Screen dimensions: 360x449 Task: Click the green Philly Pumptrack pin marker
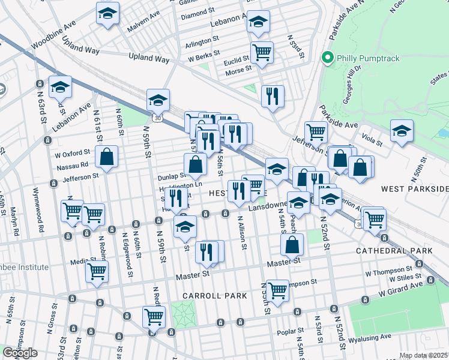[328, 58]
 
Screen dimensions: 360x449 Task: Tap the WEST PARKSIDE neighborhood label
[415, 189]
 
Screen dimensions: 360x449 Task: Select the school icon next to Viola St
[402, 130]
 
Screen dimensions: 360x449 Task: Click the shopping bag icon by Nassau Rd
[106, 157]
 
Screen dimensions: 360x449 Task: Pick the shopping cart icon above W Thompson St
[277, 290]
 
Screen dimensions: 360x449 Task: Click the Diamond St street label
[198, 11]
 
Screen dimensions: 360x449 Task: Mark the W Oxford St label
[73, 152]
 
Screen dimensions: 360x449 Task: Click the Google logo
[20, 353]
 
